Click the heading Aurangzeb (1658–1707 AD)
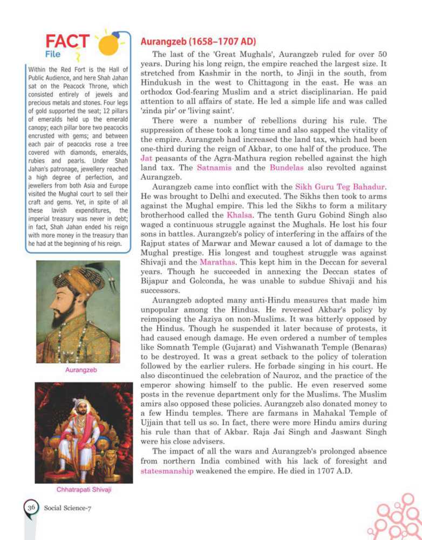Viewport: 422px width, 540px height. (198, 41)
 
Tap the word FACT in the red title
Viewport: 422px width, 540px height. (68, 42)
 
